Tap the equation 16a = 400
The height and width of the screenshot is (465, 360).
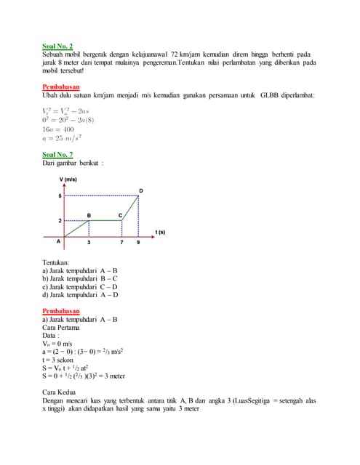point(57,129)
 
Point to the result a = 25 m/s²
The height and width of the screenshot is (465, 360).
point(62,138)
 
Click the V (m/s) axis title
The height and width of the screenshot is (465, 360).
point(68,179)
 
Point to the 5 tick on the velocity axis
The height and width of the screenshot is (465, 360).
point(60,195)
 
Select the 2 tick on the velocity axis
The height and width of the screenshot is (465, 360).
point(60,219)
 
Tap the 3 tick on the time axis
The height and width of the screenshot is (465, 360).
point(89,243)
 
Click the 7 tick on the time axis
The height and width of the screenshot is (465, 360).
point(121,243)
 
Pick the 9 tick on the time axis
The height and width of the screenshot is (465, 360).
point(137,243)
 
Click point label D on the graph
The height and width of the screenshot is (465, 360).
point(141,190)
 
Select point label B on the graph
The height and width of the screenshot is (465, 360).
point(89,215)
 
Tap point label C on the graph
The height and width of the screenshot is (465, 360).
point(121,215)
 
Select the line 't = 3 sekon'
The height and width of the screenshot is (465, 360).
point(60,360)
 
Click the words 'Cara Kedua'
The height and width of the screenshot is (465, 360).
point(60,392)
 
